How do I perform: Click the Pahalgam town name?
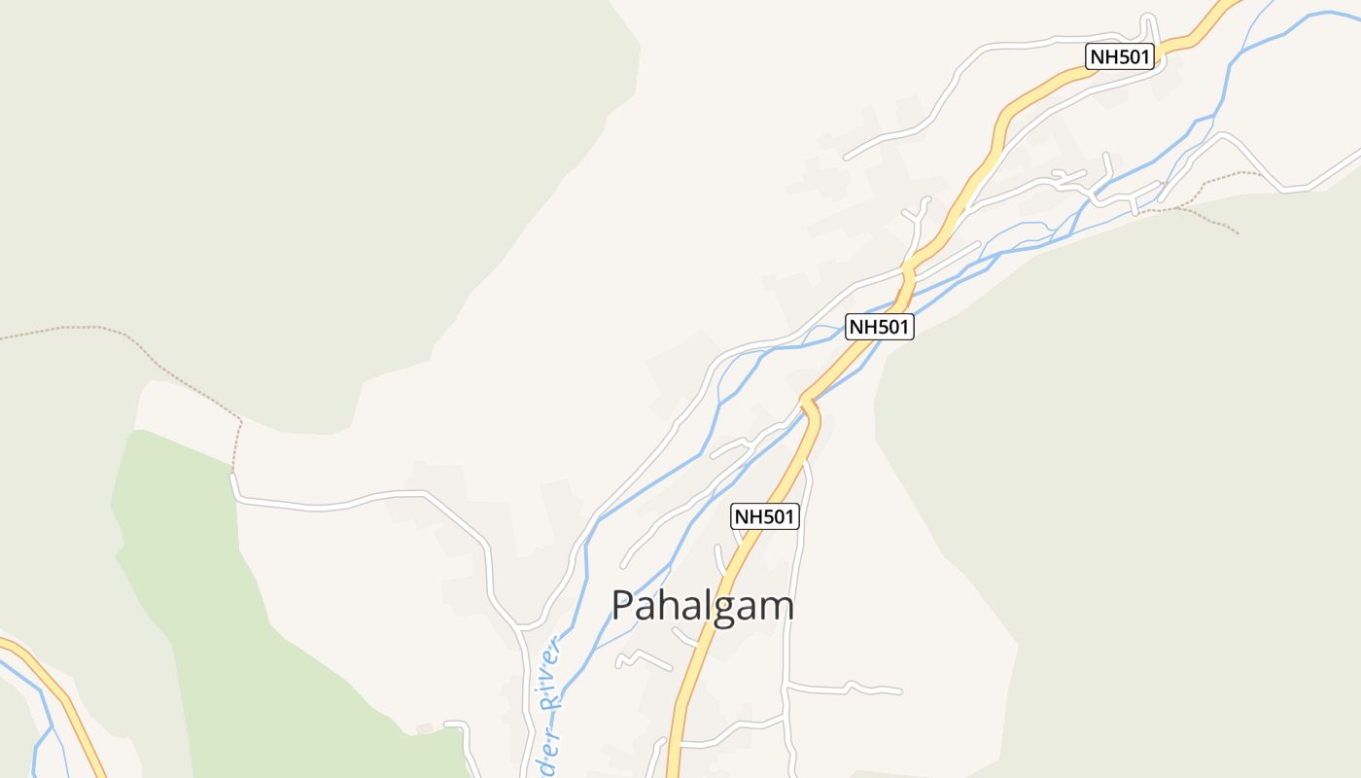(702, 606)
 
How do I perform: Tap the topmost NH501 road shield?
(1119, 56)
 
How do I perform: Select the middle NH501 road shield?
(879, 327)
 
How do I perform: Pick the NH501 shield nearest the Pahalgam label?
(765, 516)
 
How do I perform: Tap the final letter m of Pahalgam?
(778, 606)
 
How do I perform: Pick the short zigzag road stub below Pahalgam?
(642, 658)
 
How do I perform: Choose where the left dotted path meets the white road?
(233, 475)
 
